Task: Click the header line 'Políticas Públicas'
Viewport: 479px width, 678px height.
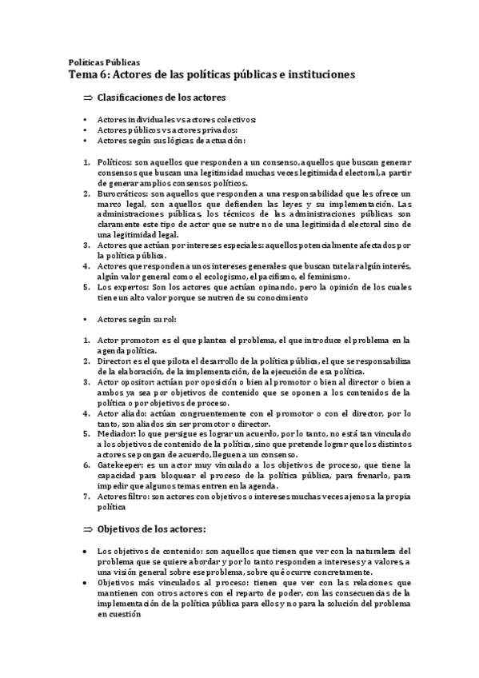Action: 104,62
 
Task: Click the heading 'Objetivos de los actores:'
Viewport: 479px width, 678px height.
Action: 152,528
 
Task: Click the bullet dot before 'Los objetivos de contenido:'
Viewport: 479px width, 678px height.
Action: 86,552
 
